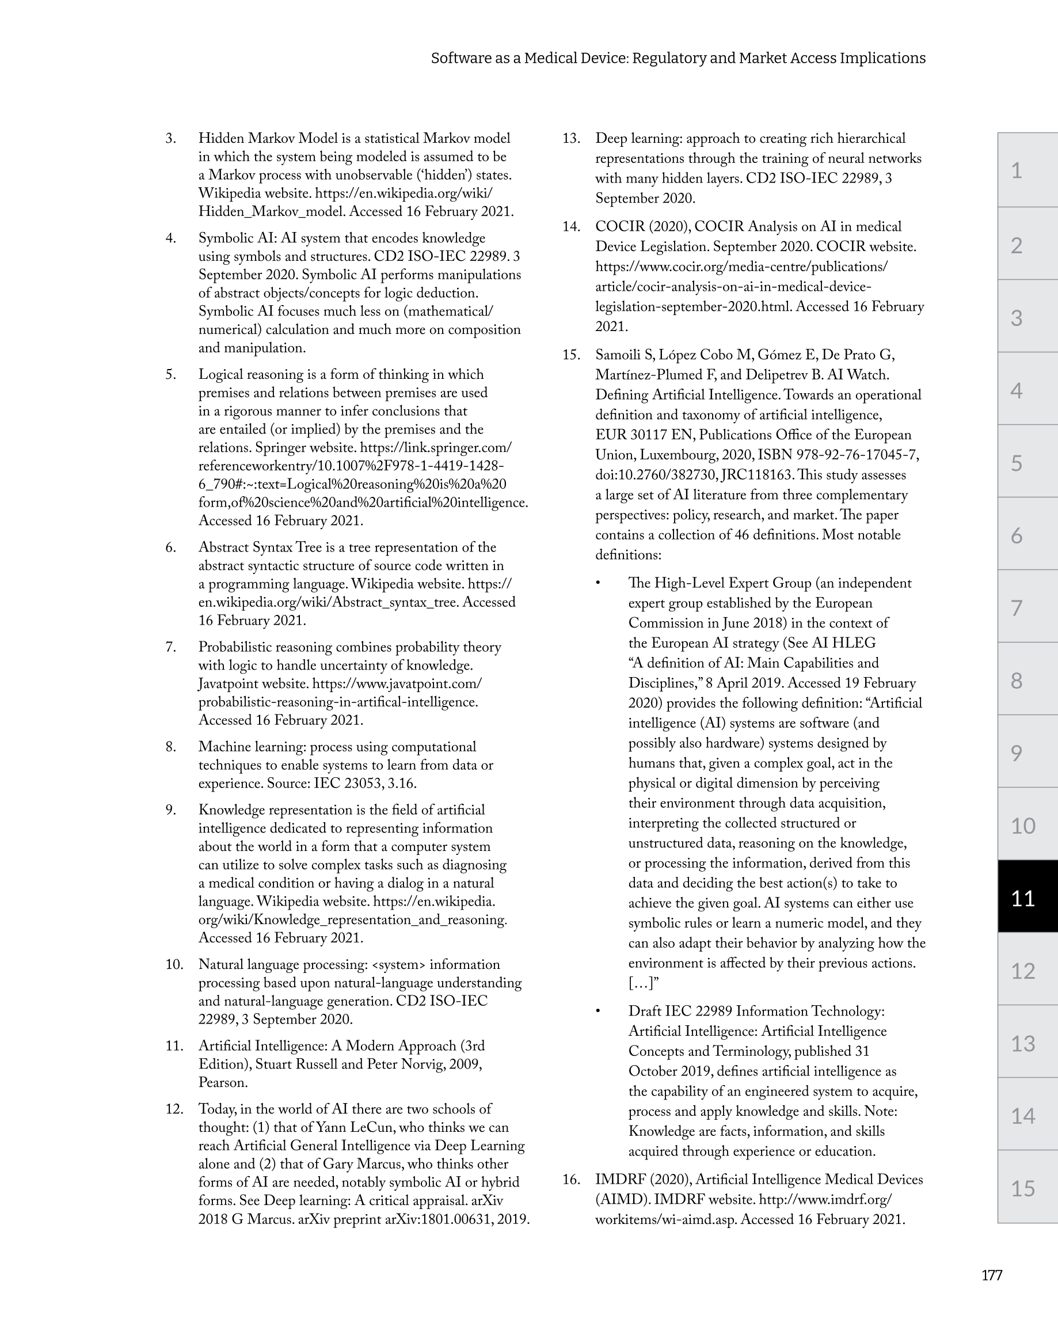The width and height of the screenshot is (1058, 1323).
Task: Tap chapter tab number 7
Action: [x=1017, y=608]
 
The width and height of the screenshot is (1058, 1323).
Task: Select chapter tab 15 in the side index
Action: [x=1022, y=1189]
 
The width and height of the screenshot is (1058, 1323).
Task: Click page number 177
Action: [x=992, y=1276]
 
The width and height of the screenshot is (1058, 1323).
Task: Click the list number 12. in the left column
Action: [x=174, y=1109]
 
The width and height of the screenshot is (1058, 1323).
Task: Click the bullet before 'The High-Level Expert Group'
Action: [x=597, y=584]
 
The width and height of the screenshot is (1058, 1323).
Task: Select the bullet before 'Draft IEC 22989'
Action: [x=597, y=1012]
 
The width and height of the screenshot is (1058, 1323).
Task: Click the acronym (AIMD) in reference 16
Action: [x=620, y=1199]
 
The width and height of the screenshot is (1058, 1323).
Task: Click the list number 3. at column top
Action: [x=170, y=139]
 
